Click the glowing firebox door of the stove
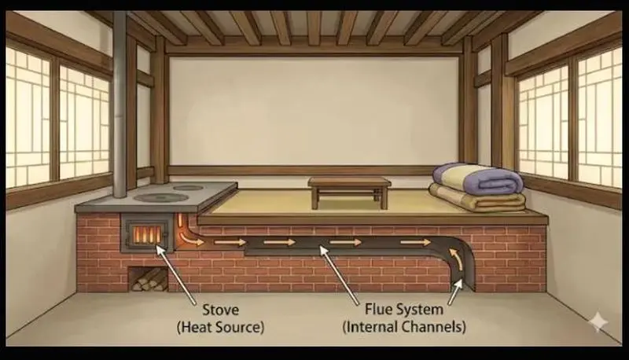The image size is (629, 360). [145, 233]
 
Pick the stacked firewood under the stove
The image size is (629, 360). [148, 279]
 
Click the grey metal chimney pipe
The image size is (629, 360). [120, 102]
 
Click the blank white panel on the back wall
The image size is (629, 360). [314, 110]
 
